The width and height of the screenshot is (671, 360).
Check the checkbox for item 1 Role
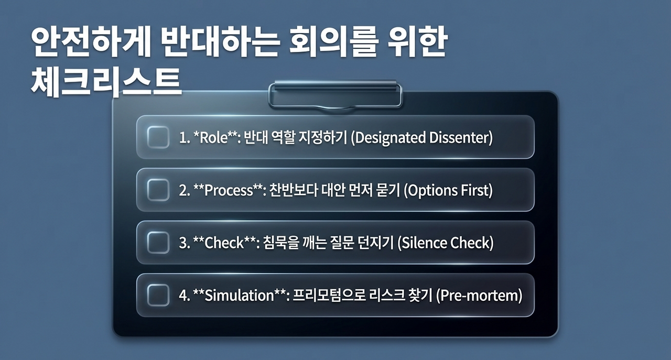[158, 137]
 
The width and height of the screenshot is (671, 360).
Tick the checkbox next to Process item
[158, 190]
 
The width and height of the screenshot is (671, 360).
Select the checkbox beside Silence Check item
[158, 243]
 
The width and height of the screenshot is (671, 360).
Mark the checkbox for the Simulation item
[158, 295]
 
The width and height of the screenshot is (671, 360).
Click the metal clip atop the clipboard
[335, 94]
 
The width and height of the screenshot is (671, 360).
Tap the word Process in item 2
[229, 191]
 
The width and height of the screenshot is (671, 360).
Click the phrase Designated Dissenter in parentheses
[422, 138]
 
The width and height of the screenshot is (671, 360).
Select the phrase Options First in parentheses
[448, 191]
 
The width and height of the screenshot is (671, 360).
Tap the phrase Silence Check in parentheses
[446, 244]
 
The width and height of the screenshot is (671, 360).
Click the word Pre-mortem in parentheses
[479, 296]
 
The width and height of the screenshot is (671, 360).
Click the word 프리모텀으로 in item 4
[329, 296]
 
